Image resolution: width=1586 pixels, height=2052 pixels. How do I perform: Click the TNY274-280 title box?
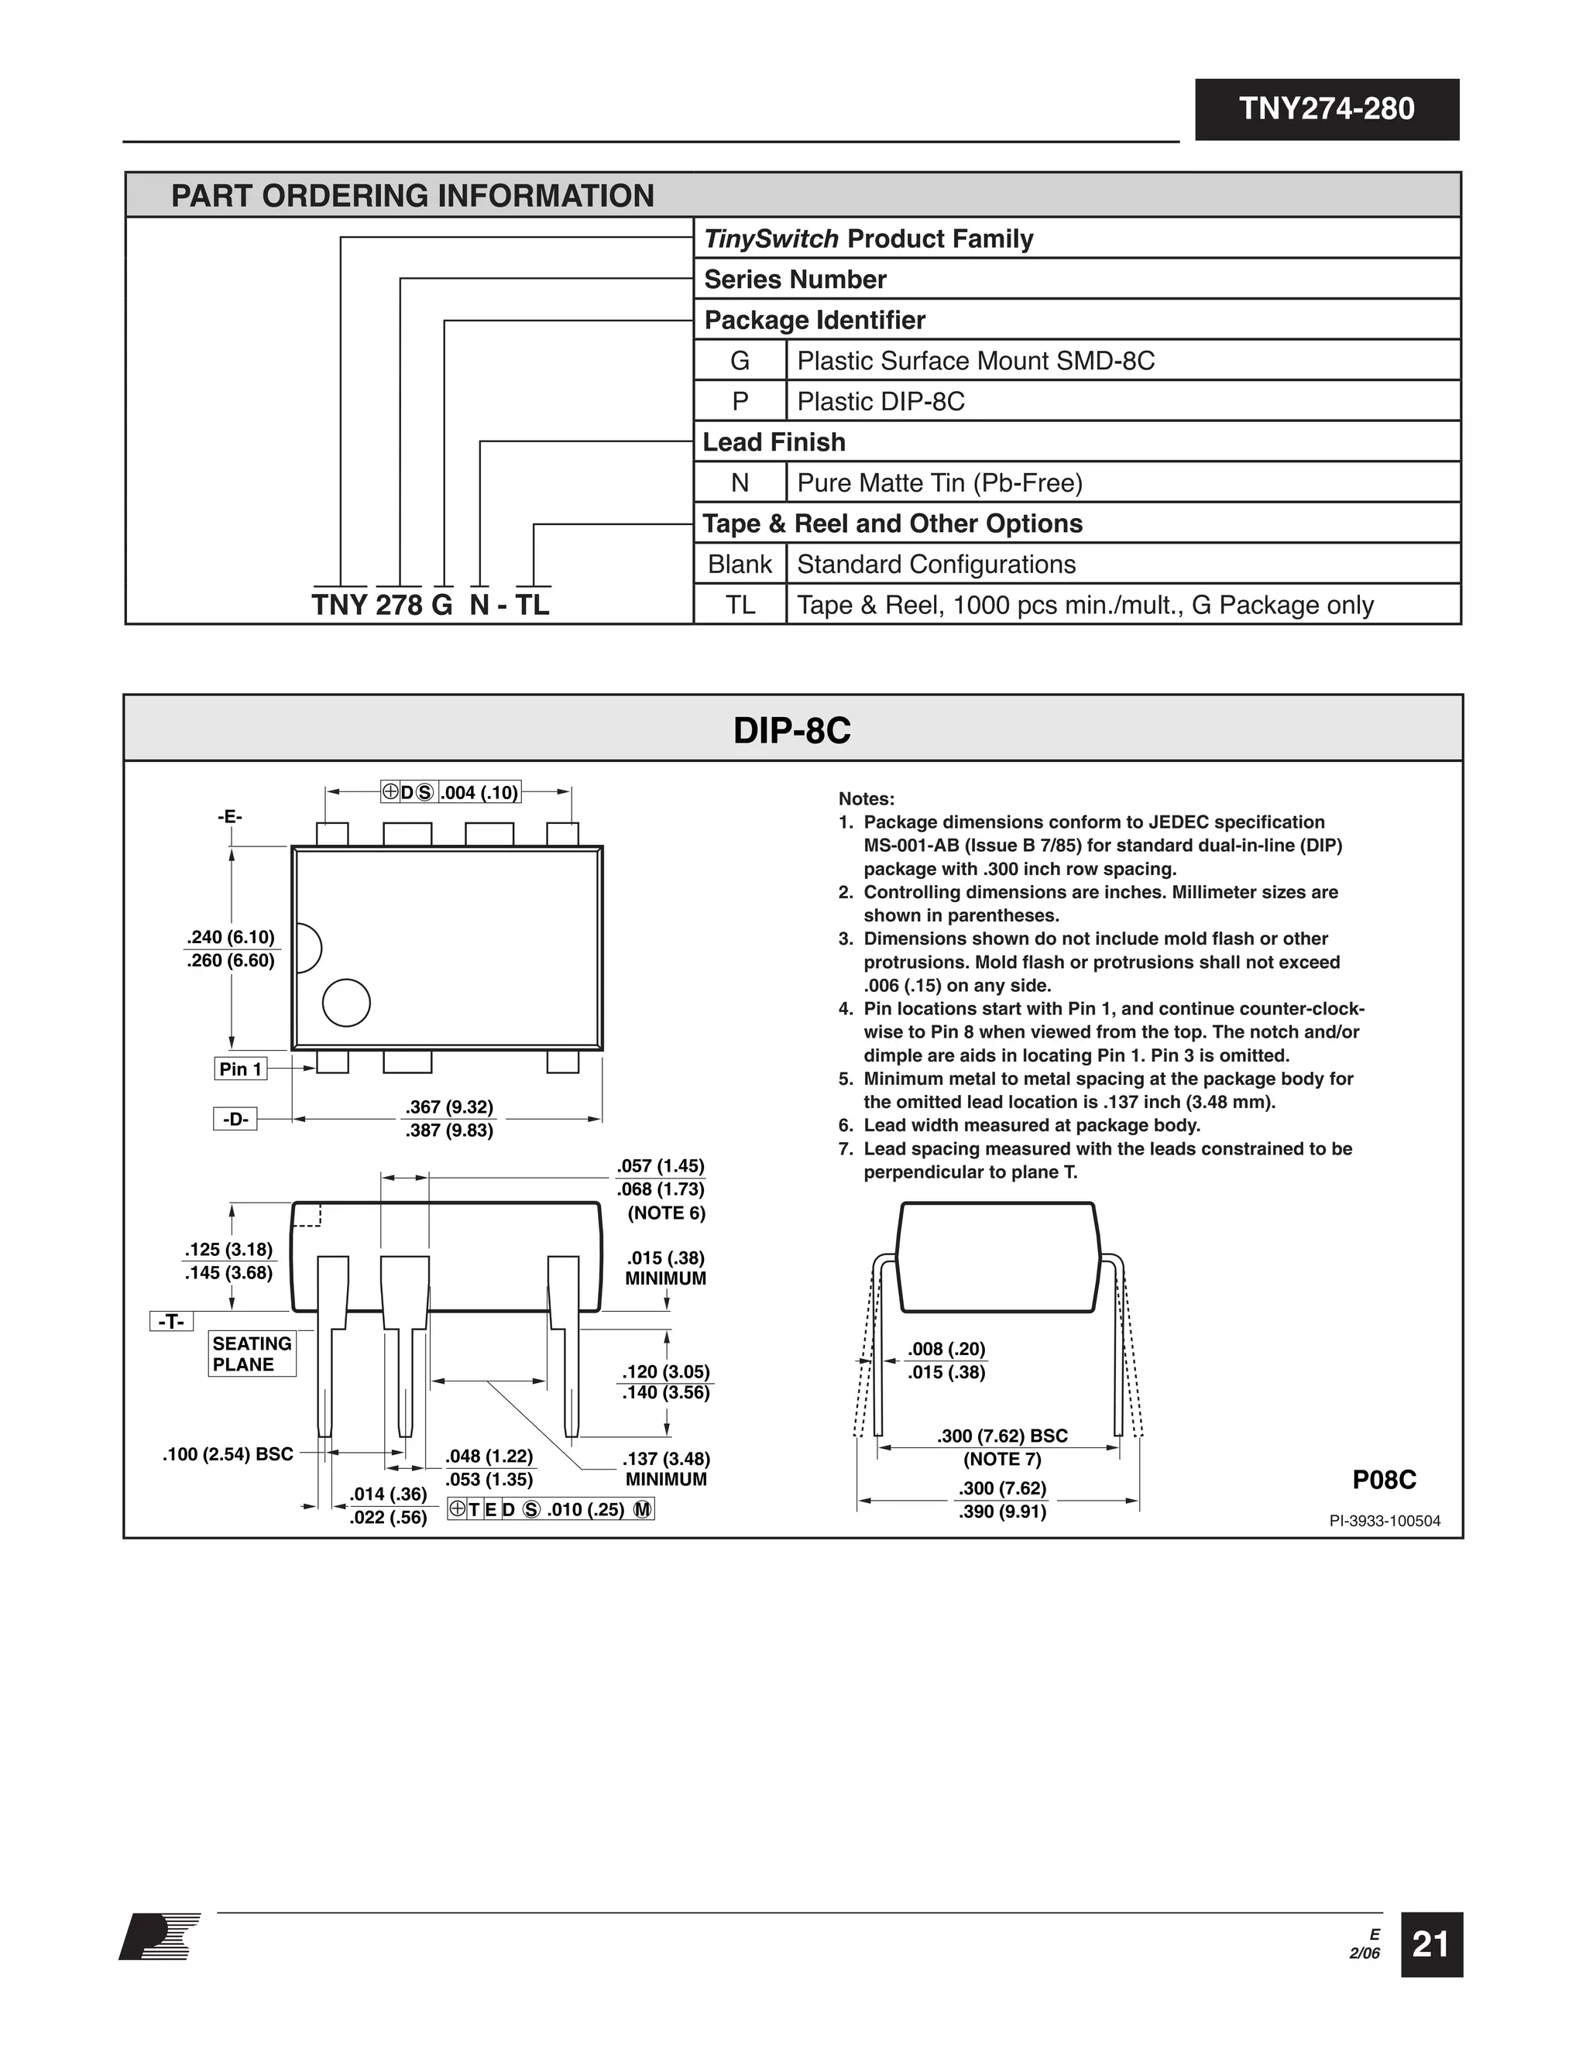(x=1326, y=109)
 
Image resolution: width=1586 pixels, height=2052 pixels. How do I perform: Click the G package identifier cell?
(x=740, y=361)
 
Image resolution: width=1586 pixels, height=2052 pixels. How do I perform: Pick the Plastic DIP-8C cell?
(x=881, y=401)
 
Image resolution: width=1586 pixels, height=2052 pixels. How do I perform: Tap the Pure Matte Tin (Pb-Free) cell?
(x=939, y=483)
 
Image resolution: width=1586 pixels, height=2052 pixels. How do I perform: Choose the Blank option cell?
(x=740, y=564)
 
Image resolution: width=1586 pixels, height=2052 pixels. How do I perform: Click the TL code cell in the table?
(x=740, y=605)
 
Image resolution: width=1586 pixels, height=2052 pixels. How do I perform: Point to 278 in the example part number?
(x=400, y=605)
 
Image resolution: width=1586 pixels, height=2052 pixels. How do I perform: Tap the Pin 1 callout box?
(x=241, y=1069)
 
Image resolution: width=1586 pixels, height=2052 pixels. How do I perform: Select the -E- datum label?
(x=229, y=816)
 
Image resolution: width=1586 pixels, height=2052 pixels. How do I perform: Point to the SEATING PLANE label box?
(x=252, y=1354)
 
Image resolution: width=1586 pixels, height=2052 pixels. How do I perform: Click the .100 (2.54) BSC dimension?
(x=228, y=1454)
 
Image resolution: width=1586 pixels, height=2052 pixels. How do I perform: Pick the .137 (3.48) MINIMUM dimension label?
(x=665, y=1468)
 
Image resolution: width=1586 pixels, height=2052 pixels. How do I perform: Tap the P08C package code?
(x=1384, y=1480)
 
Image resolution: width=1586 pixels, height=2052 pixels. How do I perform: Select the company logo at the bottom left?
(x=160, y=1937)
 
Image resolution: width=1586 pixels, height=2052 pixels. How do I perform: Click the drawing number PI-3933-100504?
(x=1384, y=1521)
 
